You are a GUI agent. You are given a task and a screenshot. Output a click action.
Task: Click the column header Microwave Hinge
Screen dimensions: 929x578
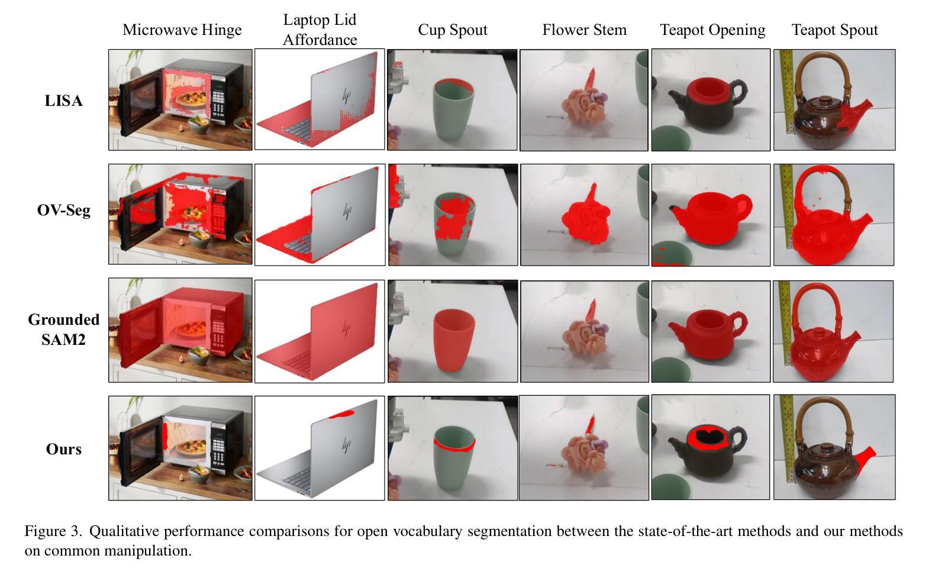[x=182, y=30]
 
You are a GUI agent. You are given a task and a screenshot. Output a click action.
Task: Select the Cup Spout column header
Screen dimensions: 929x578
[x=453, y=30]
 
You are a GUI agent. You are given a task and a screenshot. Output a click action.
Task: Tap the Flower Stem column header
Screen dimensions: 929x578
[x=585, y=30]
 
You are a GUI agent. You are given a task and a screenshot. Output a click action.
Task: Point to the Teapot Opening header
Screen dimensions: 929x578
[x=712, y=30]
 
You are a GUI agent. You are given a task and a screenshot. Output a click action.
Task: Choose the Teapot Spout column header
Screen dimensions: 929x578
[x=834, y=30]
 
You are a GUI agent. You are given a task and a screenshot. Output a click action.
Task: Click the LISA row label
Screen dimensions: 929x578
[x=63, y=101]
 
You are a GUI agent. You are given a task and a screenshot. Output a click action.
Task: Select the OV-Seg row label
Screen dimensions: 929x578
[x=63, y=210]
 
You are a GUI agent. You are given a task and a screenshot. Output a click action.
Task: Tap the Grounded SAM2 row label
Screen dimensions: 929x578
[x=63, y=330]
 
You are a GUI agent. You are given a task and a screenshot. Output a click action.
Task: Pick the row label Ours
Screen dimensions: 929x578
[x=63, y=449]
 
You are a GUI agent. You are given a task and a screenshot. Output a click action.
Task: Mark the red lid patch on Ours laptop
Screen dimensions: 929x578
[x=342, y=414]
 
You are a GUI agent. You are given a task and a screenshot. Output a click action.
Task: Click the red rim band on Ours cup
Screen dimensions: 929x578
[x=454, y=445]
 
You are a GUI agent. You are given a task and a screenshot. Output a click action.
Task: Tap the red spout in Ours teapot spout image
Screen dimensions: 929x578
[x=865, y=460]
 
